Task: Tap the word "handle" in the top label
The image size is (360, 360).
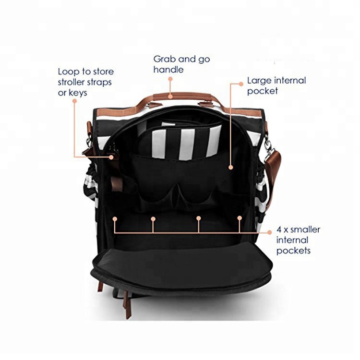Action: pos(168,70)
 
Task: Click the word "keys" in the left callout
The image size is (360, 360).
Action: pos(78,93)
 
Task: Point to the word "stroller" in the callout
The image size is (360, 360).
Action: pos(73,82)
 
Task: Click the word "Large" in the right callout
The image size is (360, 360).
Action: pos(259,81)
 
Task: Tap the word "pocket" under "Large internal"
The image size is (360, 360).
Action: pos(263,91)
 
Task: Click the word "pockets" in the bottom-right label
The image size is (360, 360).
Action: pos(293,251)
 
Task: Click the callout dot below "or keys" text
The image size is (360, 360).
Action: pos(74,101)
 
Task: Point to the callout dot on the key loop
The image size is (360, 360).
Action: pos(111,157)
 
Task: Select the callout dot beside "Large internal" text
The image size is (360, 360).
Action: pos(241,84)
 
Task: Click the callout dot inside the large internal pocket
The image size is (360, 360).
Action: pos(231,168)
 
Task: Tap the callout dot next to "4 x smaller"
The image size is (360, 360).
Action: pos(270,233)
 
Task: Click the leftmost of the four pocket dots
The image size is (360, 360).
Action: pos(115,219)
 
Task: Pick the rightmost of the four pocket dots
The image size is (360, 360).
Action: pos(240,217)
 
